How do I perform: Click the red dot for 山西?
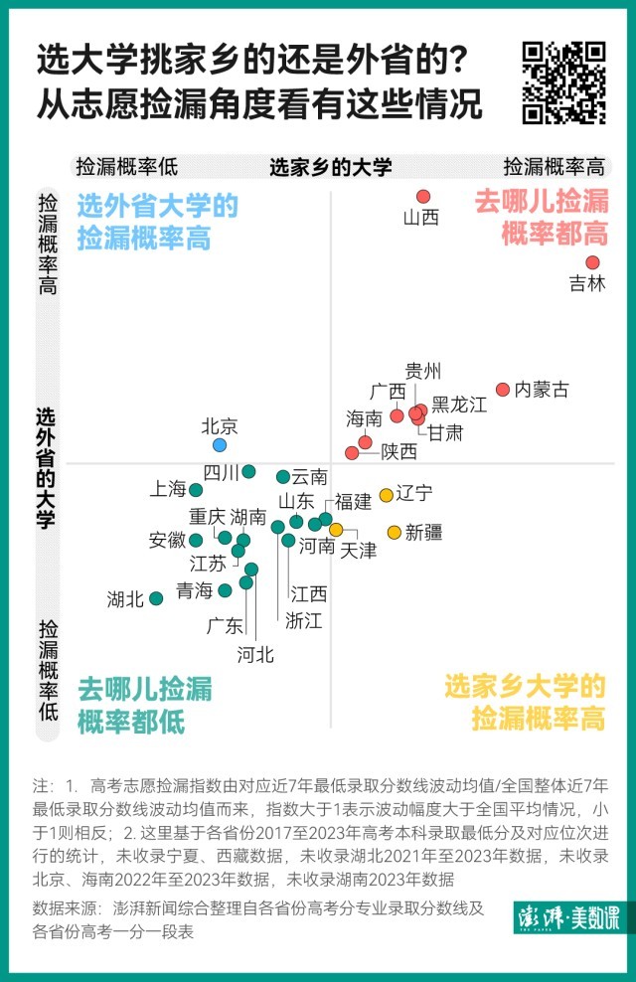(422, 197)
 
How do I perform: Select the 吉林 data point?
(592, 262)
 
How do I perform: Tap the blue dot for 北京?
(220, 444)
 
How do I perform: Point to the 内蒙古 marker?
(503, 390)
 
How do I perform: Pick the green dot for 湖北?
(156, 598)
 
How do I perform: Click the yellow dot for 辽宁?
(386, 495)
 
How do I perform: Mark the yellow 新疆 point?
(394, 532)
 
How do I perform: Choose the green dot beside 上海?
(196, 490)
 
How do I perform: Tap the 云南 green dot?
(283, 477)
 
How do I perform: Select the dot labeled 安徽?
(196, 540)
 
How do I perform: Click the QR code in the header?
(564, 82)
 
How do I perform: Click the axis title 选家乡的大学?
(331, 167)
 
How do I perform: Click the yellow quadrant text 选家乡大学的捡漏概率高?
(525, 702)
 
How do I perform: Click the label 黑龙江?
(459, 405)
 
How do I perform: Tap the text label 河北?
(255, 654)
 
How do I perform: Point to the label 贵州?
(423, 372)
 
